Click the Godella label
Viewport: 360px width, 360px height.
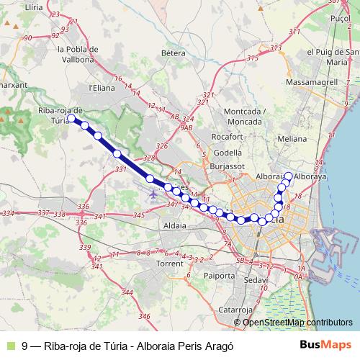[228, 153]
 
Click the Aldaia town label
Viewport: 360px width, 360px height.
[176, 225]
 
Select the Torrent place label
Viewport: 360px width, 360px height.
[170, 264]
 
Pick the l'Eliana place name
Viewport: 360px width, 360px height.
[102, 88]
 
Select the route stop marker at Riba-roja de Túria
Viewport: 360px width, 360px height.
[71, 118]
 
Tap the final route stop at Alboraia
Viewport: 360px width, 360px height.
[288, 176]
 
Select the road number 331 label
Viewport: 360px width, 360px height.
[120, 169]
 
